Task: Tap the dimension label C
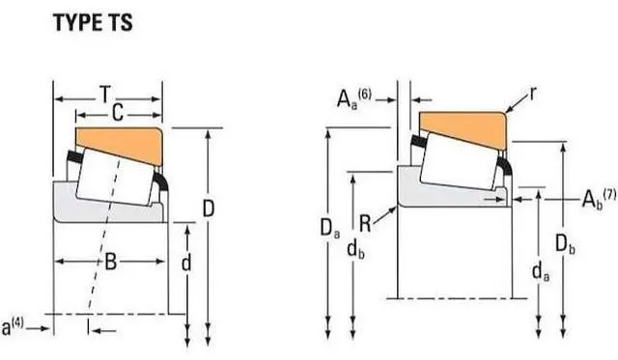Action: (116, 114)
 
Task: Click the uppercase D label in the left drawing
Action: (208, 208)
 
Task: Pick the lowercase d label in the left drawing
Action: (185, 263)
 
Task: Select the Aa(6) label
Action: (353, 97)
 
